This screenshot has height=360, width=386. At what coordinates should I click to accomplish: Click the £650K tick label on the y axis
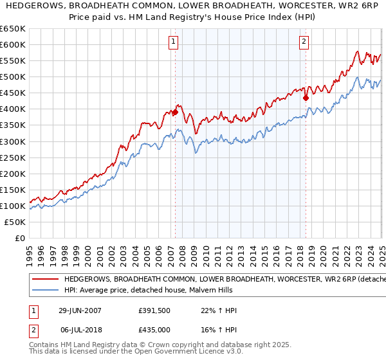pos(13,29)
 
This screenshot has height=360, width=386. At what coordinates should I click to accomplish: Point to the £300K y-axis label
pos(13,141)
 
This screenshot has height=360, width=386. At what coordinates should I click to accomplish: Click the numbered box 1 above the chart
pos(174,42)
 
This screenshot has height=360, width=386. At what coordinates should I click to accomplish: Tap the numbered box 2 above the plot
pos(304,42)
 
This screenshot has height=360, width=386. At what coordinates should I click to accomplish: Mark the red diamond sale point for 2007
pos(175,112)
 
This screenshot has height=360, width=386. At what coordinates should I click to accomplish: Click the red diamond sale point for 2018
pos(306,98)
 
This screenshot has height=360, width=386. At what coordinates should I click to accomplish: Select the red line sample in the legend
pos(45,280)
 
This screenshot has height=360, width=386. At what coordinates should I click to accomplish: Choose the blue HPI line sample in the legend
pos(45,290)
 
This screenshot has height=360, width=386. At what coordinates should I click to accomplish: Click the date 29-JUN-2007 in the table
pos(80,310)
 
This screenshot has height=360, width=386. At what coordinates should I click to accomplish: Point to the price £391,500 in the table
pos(154,310)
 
